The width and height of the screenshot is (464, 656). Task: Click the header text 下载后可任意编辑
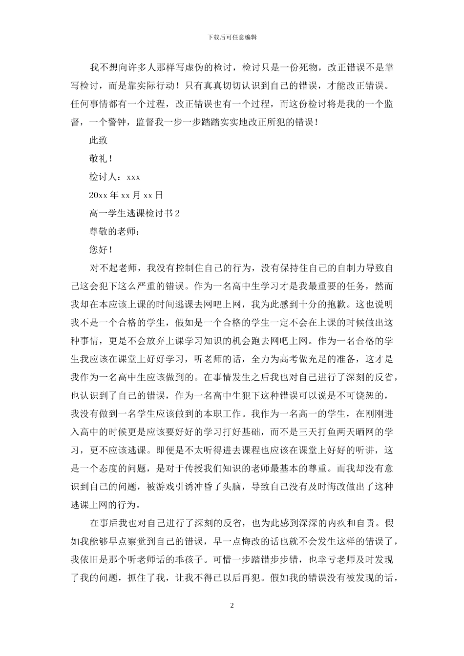click(232, 37)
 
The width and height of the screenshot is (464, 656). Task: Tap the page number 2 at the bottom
click(232, 606)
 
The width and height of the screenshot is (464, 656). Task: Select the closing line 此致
click(98, 140)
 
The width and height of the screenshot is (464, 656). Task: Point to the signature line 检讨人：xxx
click(115, 177)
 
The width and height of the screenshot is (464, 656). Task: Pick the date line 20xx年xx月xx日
click(126, 195)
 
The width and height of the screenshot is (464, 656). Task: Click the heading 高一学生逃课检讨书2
click(135, 213)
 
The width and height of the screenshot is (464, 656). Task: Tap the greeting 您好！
click(101, 249)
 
